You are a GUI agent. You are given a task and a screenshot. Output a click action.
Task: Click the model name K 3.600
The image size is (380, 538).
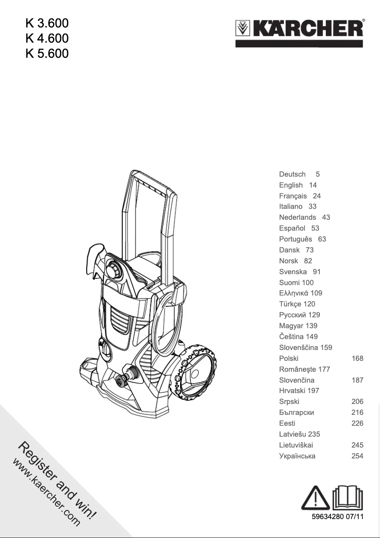click(x=47, y=23)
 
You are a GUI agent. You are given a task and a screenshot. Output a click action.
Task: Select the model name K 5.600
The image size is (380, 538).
click(x=47, y=54)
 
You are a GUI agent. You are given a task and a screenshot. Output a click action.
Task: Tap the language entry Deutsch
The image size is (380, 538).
click(x=292, y=174)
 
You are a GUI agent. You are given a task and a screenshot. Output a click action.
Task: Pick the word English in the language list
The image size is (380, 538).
click(x=291, y=185)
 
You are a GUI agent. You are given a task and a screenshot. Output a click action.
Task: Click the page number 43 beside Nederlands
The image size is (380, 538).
click(x=326, y=217)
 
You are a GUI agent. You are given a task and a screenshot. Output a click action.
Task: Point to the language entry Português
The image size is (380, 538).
click(x=296, y=239)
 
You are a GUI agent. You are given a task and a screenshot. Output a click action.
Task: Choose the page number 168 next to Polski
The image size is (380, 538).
click(x=357, y=358)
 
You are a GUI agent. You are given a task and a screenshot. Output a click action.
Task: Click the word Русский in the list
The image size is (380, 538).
click(x=293, y=315)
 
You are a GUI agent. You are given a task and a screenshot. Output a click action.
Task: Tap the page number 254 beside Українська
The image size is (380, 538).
click(x=357, y=456)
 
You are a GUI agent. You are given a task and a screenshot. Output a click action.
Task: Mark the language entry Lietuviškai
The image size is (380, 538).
click(x=296, y=445)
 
